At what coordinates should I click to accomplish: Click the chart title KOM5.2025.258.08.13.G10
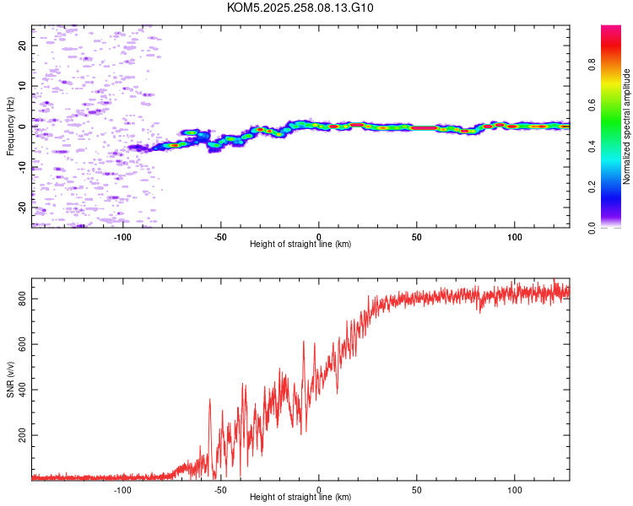(x=300, y=8)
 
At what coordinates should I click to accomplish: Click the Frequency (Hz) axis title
(x=10, y=126)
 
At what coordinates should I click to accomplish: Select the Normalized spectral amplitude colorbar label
(x=627, y=126)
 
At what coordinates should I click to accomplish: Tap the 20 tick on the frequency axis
(x=21, y=46)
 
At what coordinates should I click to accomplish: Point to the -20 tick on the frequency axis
(x=21, y=207)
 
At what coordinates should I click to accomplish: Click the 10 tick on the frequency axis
(x=21, y=86)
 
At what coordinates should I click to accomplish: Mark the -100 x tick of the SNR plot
(x=122, y=489)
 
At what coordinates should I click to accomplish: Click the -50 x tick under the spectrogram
(x=220, y=236)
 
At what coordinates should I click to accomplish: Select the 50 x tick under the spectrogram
(x=417, y=236)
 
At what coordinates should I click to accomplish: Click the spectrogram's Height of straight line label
(x=300, y=245)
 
